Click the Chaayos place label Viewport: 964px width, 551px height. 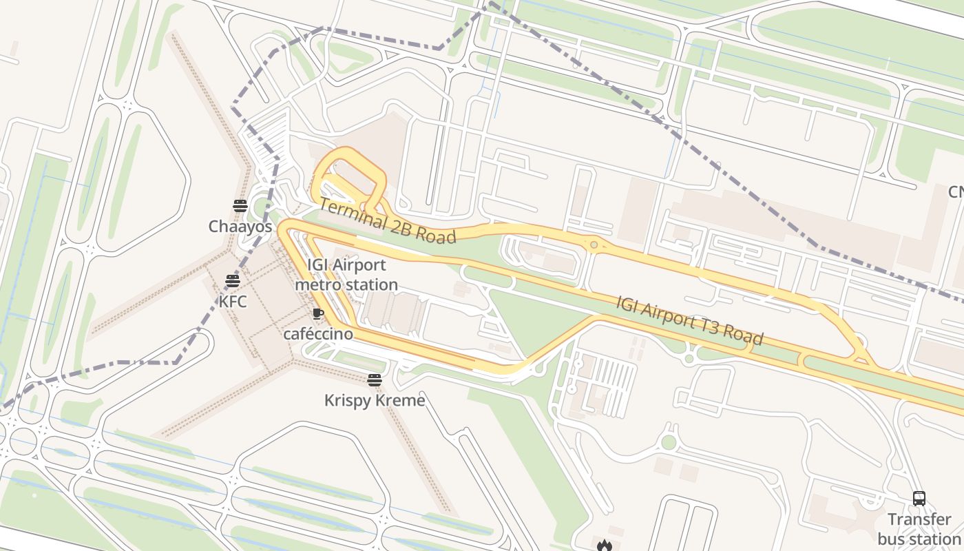[240, 226]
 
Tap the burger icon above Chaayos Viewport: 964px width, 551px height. [240, 205]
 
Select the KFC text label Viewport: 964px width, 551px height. [233, 302]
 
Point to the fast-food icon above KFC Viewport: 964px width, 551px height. [233, 281]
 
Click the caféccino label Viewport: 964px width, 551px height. [318, 334]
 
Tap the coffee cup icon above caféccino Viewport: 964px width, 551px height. [317, 314]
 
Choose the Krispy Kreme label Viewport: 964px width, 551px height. [375, 400]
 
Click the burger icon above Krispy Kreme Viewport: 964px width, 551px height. [375, 380]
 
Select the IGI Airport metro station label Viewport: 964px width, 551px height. [346, 275]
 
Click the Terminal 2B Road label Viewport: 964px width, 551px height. [387, 220]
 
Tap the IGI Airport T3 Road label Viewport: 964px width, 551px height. [689, 320]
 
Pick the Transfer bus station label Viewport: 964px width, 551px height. [919, 529]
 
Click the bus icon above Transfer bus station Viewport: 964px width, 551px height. [919, 499]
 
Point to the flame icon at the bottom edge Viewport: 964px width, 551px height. [605, 545]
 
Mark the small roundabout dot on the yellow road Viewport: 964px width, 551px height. [594, 245]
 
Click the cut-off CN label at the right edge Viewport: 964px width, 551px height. [955, 191]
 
